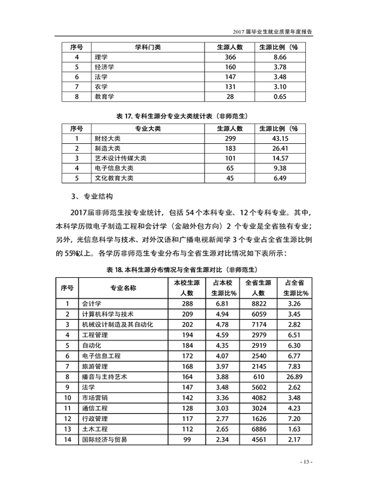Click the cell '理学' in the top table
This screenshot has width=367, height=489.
click(101, 57)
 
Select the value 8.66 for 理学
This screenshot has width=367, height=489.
click(280, 57)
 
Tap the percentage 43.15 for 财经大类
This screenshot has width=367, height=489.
click(280, 139)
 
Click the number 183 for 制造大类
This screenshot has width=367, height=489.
click(230, 149)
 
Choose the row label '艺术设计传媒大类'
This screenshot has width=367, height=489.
click(121, 158)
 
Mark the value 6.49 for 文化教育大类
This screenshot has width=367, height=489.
click(280, 178)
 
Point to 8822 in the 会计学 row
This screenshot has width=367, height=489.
click(259, 304)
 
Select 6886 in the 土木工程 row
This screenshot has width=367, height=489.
click(259, 429)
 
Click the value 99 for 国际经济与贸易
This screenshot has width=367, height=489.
click(187, 439)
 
